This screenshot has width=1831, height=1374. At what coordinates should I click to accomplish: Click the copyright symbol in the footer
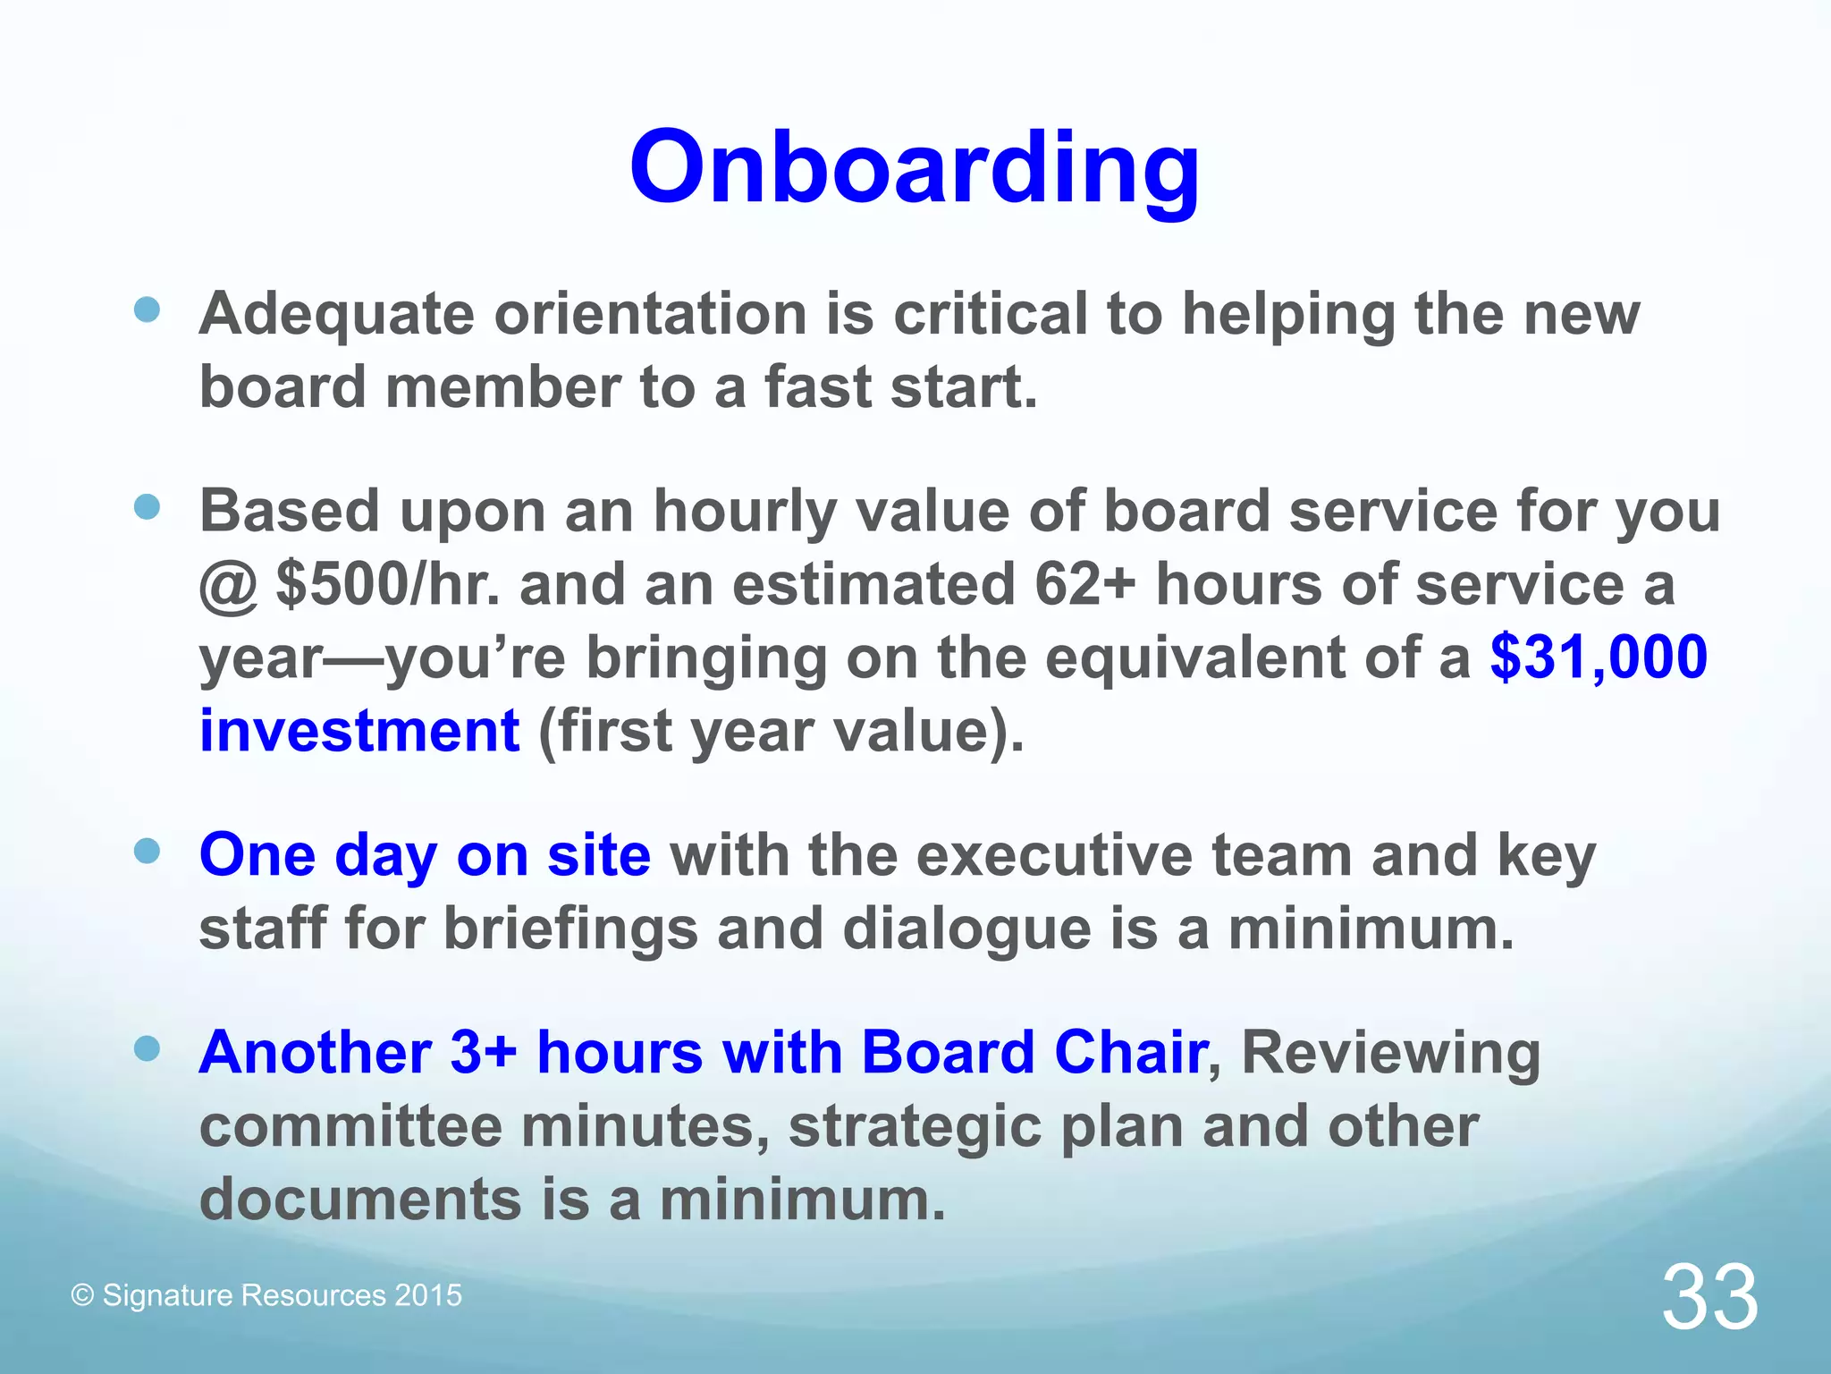pos(82,1295)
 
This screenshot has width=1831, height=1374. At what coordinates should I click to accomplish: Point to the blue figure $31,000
pos(1599,657)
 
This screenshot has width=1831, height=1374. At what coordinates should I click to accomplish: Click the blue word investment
pos(359,731)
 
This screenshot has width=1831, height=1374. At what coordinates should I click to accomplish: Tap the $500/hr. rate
pos(388,585)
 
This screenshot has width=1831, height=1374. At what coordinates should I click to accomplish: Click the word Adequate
pos(336,315)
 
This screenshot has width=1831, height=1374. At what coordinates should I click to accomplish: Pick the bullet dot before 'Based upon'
pos(147,508)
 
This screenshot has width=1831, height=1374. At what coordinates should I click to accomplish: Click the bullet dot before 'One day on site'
pos(147,851)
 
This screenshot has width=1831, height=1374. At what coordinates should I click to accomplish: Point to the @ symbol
pos(228,587)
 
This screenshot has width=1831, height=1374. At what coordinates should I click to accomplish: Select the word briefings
pos(570,929)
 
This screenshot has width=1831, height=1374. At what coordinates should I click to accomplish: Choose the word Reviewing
pos(1390,1054)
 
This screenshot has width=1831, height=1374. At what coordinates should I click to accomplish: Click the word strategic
pos(914,1127)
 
